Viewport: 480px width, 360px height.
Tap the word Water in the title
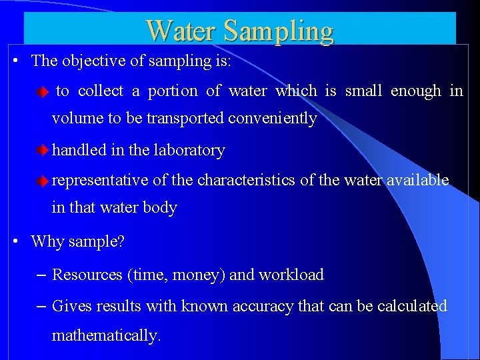point(181,31)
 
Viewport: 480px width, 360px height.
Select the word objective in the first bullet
point(92,61)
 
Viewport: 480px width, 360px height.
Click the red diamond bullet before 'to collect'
point(43,92)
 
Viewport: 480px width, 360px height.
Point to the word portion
point(173,91)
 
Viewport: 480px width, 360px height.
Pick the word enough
point(416,91)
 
